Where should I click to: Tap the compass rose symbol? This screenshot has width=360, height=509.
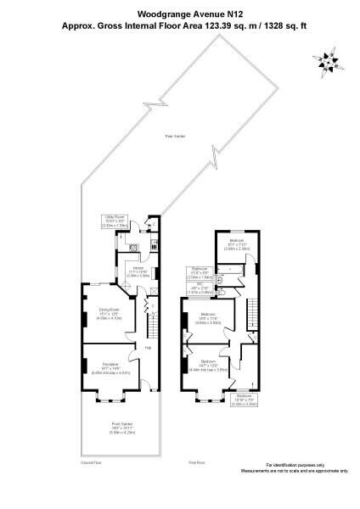click(x=327, y=62)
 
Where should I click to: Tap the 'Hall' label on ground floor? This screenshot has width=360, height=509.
click(x=147, y=348)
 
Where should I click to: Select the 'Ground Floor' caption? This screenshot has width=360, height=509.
click(x=91, y=464)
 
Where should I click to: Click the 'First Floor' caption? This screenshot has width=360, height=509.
click(x=198, y=464)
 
